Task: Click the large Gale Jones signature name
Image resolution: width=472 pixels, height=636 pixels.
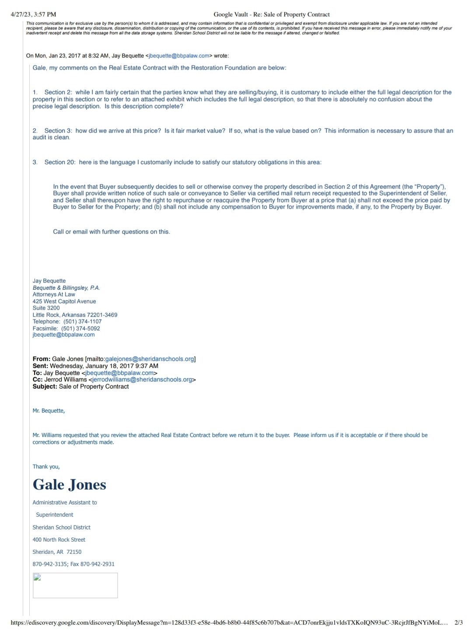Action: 69,484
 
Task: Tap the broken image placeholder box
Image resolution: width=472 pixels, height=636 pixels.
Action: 75,585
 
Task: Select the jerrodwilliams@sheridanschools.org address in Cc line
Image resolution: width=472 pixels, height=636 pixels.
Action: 142,379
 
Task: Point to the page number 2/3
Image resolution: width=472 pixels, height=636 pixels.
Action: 458,622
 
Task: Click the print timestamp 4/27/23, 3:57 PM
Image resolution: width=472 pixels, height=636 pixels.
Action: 33,14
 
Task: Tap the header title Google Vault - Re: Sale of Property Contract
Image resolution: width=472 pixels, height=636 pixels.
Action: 271,14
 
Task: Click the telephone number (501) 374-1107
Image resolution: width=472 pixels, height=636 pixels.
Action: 82,321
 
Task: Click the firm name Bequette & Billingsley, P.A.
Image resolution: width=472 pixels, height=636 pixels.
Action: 66,288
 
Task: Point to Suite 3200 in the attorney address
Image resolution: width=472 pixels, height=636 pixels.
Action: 46,308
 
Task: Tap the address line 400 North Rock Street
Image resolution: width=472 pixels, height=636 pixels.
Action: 59,539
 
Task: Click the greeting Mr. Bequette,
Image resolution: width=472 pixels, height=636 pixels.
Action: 49,410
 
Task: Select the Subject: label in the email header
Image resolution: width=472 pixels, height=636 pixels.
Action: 45,386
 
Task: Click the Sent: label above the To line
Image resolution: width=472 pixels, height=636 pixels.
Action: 40,366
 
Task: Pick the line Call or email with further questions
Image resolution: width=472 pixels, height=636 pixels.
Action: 111,232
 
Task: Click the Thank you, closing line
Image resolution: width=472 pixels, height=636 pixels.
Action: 46,466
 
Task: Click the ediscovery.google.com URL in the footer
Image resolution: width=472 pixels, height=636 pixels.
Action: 227,622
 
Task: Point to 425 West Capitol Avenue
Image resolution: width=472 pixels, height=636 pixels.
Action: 64,301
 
